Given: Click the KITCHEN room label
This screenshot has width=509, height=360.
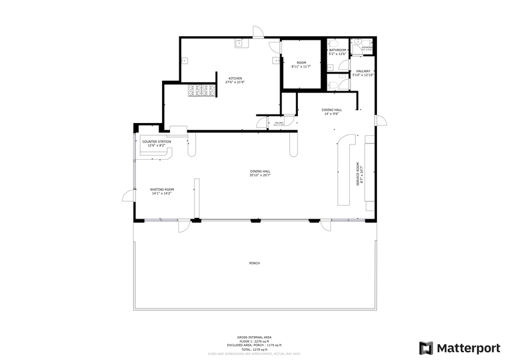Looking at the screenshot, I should (236, 78).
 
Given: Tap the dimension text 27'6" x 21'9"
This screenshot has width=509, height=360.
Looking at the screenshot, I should (236, 83).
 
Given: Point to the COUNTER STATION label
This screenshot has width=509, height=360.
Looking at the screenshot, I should (157, 141).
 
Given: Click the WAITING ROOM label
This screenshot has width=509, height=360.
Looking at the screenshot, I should (162, 190).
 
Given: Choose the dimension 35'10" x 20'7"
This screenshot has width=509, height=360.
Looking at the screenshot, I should (260, 175).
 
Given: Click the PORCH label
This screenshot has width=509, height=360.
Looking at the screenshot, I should (254, 263).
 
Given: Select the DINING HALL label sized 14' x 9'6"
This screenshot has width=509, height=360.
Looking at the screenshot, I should (331, 111).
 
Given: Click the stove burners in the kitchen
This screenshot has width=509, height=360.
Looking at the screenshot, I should (201, 91).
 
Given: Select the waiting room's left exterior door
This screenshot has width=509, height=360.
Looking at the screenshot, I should (128, 195).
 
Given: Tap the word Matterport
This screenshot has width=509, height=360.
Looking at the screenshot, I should (467, 348).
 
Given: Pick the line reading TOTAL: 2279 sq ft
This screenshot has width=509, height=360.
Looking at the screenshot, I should (254, 349).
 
